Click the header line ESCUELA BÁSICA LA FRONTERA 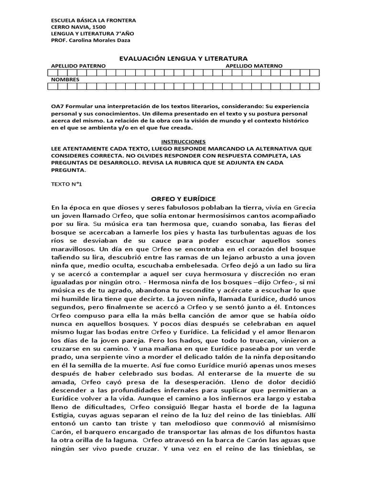[x=93, y=21]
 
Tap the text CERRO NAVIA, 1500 [x=78, y=27]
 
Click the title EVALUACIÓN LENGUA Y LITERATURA [x=183, y=58]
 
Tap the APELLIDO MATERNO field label [x=254, y=66]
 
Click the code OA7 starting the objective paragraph [x=57, y=106]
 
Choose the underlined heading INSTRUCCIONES [x=183, y=142]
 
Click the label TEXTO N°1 [x=66, y=184]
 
